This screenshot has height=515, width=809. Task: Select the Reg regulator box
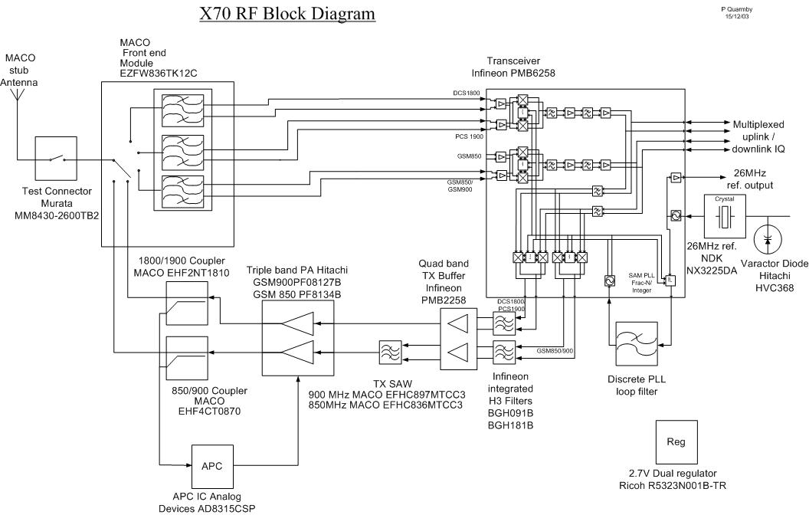[x=675, y=442]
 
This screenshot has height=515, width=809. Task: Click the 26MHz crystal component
[x=724, y=218]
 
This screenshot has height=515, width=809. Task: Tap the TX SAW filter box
[x=386, y=353]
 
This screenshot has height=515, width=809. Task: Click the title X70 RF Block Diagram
[x=287, y=15]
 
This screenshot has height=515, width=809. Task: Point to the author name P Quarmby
[x=737, y=10]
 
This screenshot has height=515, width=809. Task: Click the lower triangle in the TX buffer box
[x=463, y=353]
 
